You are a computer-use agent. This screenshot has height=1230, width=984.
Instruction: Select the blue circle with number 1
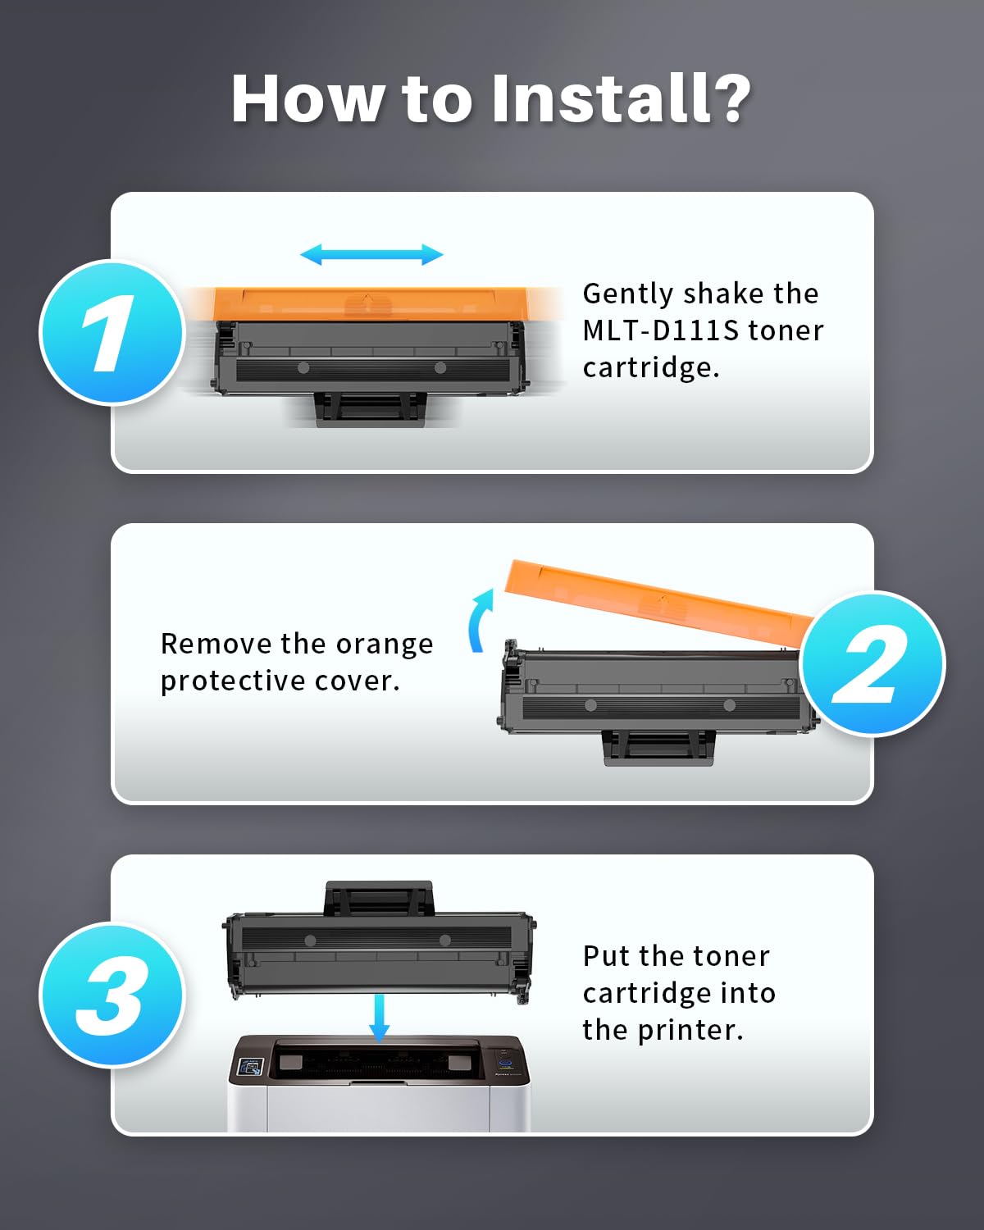(x=112, y=332)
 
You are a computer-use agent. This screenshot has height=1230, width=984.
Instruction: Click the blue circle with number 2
(x=872, y=663)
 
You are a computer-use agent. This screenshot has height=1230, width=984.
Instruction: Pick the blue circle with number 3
(x=112, y=994)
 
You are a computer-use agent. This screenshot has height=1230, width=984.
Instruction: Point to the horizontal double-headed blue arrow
(x=371, y=254)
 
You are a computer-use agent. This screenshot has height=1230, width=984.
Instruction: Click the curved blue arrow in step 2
(x=480, y=621)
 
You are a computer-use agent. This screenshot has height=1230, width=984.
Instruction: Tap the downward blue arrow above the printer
(x=379, y=1017)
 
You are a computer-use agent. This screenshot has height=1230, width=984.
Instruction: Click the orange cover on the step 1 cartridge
(x=373, y=303)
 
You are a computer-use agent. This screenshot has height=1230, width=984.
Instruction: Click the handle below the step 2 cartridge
(x=659, y=748)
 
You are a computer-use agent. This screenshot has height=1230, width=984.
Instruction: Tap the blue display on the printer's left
(x=250, y=1068)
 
